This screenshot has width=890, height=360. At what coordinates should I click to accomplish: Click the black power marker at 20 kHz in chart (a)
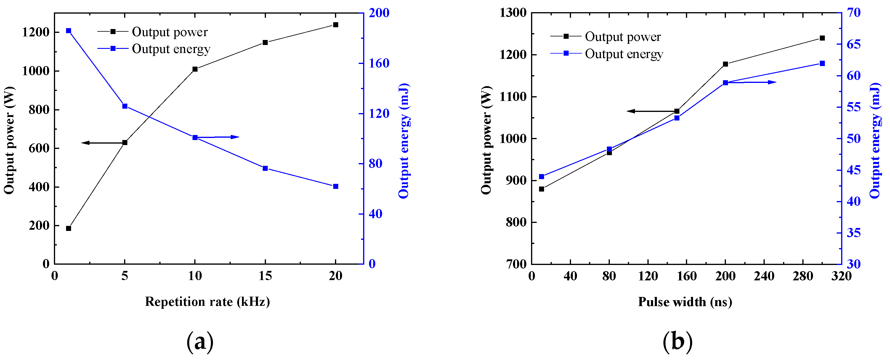pyautogui.click(x=335, y=25)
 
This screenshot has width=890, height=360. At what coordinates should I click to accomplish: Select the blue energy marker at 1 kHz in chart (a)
pyautogui.click(x=68, y=31)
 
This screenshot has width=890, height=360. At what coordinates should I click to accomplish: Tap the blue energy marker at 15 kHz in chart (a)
pyautogui.click(x=265, y=168)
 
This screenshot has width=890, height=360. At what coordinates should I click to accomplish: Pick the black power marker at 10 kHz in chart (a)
pyautogui.click(x=195, y=69)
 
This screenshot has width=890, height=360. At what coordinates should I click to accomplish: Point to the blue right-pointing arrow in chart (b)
pyautogui.click(x=751, y=82)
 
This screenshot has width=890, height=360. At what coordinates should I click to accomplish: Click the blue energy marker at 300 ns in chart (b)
pyautogui.click(x=822, y=63)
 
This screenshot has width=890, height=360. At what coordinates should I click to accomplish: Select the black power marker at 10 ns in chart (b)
pyautogui.click(x=541, y=189)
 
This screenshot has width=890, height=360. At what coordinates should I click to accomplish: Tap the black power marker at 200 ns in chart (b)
pyautogui.click(x=725, y=64)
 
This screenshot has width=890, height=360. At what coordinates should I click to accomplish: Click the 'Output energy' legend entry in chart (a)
pyautogui.click(x=171, y=49)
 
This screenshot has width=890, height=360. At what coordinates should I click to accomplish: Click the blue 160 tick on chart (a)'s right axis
pyautogui.click(x=379, y=63)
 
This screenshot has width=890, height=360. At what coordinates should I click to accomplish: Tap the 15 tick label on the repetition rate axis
pyautogui.click(x=265, y=276)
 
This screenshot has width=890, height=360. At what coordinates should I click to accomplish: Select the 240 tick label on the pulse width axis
pyautogui.click(x=764, y=276)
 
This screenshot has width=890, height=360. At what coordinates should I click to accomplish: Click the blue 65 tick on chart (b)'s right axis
pyautogui.click(x=853, y=44)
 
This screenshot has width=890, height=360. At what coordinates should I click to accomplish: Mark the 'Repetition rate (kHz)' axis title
pyautogui.click(x=207, y=302)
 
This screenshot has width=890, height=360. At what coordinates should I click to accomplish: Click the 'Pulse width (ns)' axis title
pyautogui.click(x=685, y=302)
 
